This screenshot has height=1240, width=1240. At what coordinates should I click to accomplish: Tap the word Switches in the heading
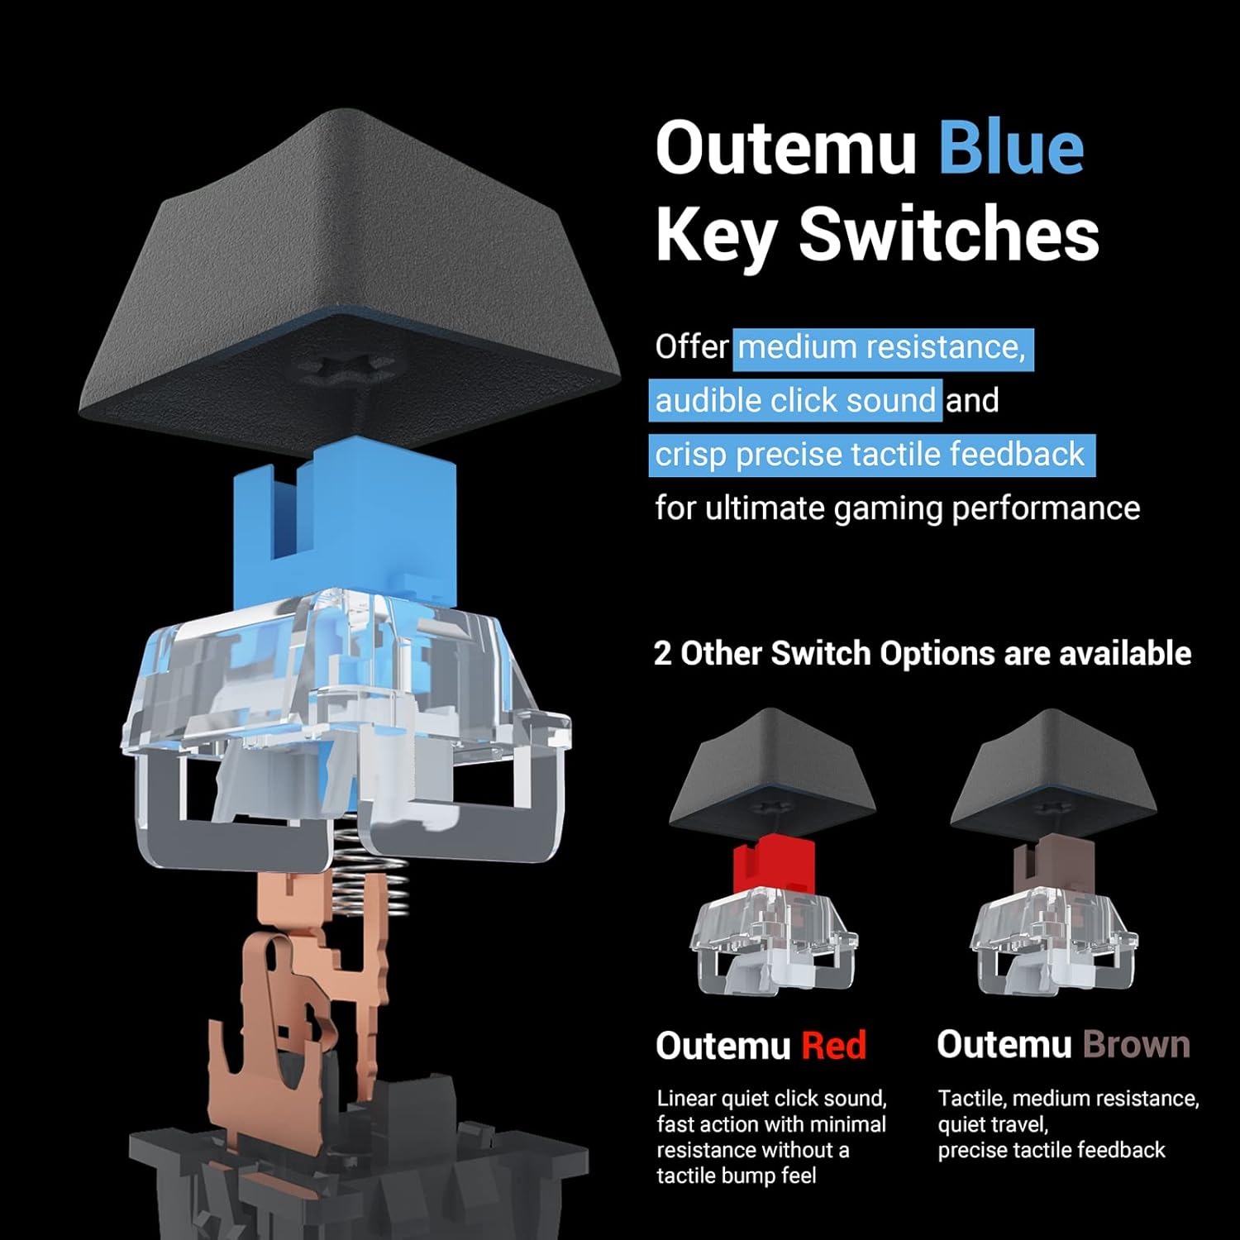click(x=948, y=235)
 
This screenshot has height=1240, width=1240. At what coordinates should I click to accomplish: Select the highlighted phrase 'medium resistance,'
click(x=882, y=348)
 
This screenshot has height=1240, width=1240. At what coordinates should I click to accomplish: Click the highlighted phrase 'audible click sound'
click(x=795, y=401)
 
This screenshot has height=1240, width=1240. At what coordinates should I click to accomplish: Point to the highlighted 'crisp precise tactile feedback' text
click(x=870, y=455)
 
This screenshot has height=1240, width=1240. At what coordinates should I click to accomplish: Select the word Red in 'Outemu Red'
click(x=834, y=1046)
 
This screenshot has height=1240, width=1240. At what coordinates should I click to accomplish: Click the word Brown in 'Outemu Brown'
click(x=1136, y=1045)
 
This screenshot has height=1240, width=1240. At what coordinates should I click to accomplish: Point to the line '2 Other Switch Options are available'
click(x=923, y=654)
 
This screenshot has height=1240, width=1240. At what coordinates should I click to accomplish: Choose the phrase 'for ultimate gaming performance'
click(x=898, y=508)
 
